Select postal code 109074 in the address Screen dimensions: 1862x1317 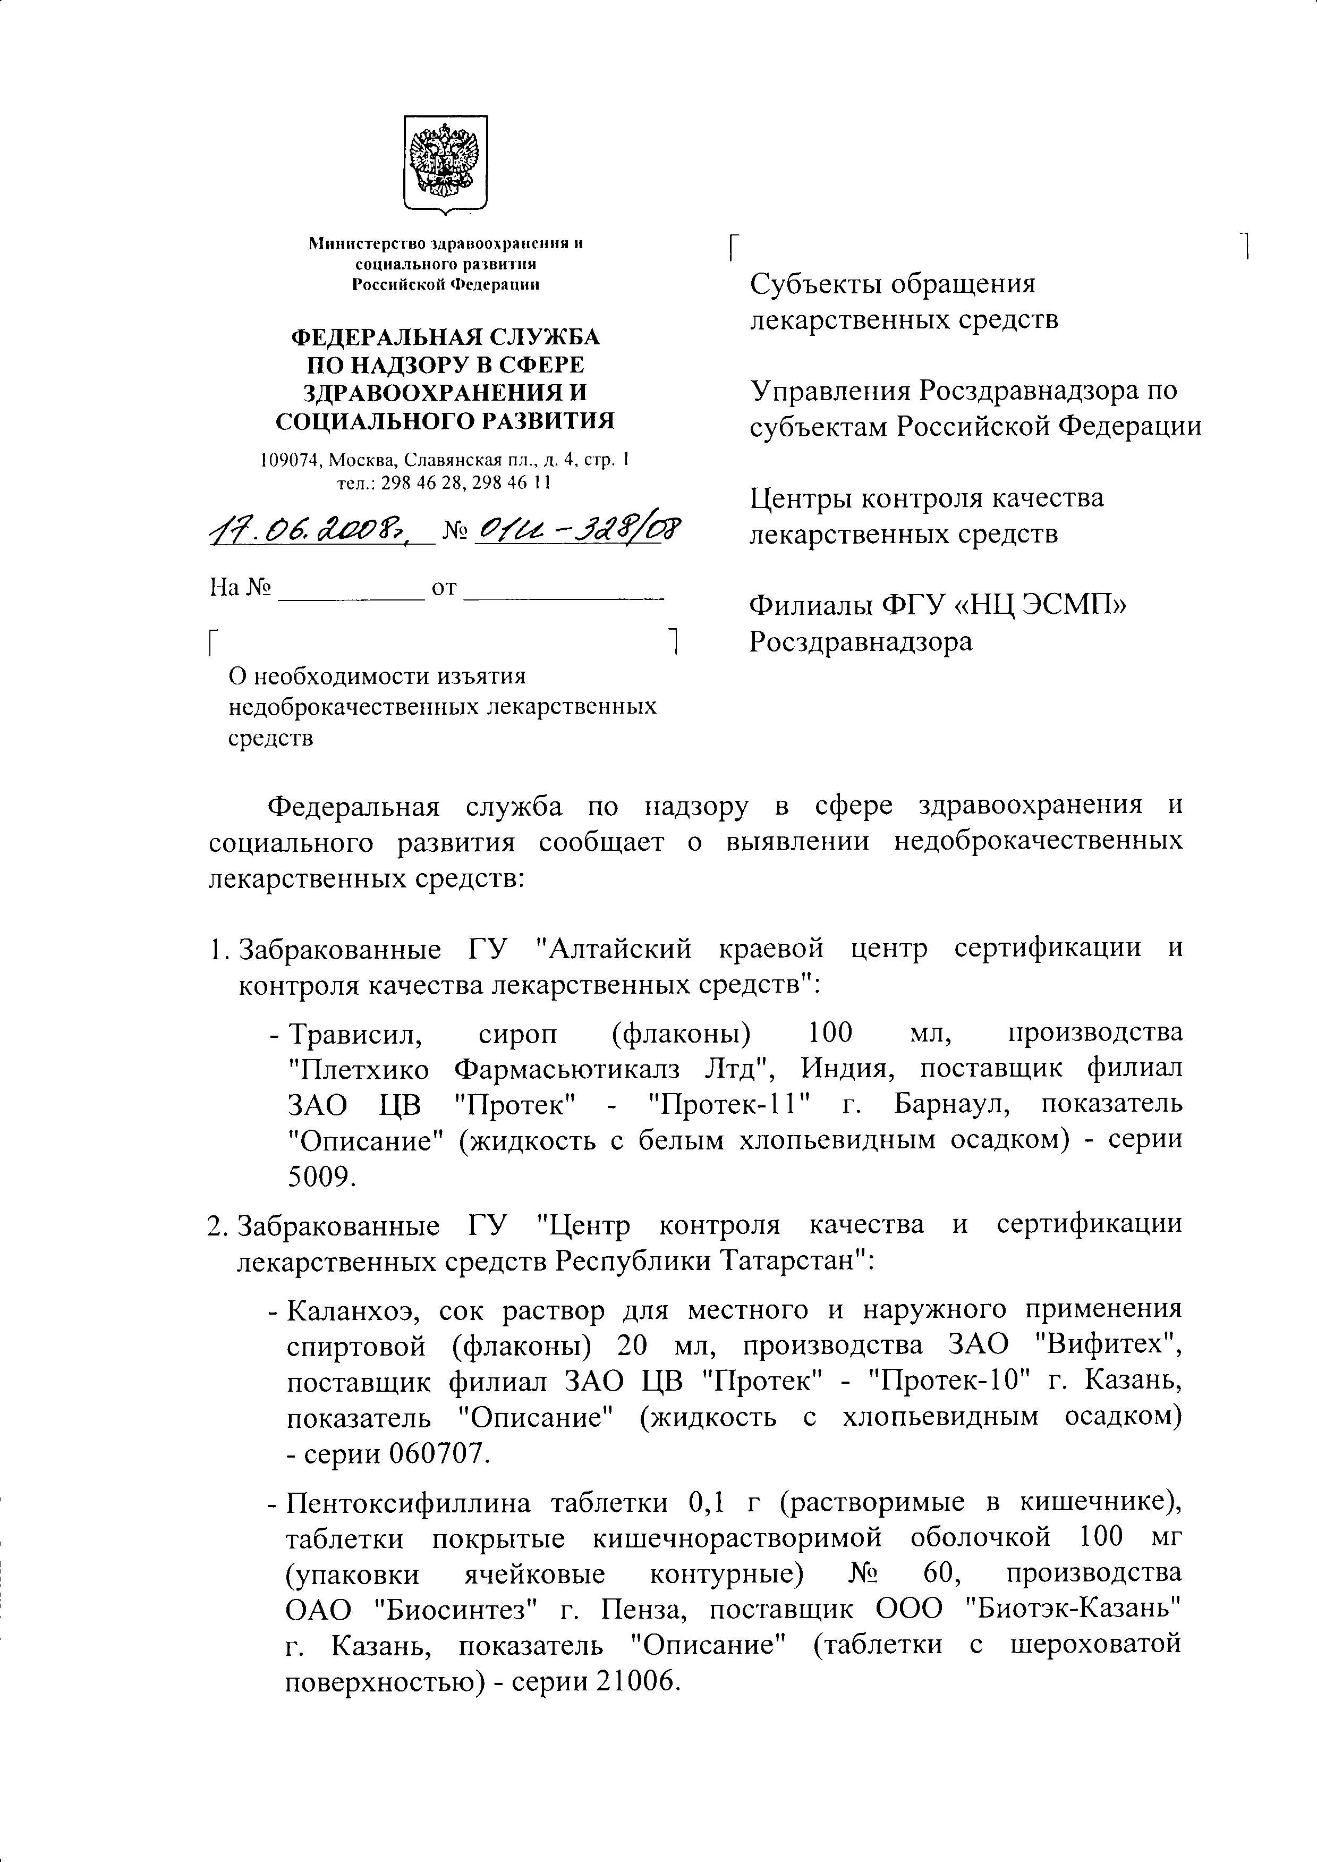(x=285, y=461)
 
